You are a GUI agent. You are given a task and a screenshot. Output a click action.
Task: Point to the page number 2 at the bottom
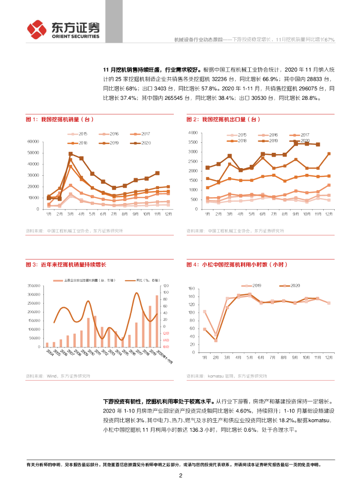pos(180,476)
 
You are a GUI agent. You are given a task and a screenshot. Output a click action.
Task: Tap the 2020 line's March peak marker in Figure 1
pos(70,154)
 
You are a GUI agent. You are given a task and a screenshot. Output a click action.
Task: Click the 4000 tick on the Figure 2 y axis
pos(193,133)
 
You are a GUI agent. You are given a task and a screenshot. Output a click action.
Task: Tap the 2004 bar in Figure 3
pos(47,344)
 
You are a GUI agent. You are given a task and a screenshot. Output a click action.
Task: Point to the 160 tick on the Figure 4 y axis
pos(192,288)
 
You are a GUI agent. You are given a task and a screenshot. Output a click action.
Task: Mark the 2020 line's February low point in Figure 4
pos(216,340)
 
